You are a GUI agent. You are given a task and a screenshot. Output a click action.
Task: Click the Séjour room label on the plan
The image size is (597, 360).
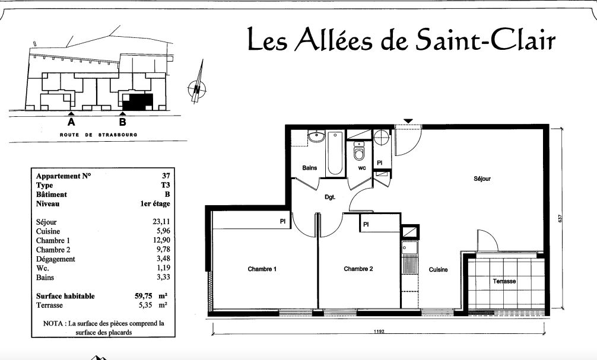pyautogui.click(x=482, y=179)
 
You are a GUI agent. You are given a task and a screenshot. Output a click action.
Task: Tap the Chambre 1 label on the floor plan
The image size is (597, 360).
pyautogui.click(x=262, y=269)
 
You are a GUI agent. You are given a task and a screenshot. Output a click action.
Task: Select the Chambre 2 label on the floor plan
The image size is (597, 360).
pyautogui.click(x=358, y=269)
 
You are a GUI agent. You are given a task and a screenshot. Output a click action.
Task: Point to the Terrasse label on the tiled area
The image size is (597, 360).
pyautogui.click(x=504, y=281)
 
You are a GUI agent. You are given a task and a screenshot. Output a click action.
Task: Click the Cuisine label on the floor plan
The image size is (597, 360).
pyautogui.click(x=438, y=269)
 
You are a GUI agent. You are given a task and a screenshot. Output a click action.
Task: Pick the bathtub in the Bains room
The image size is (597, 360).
pyautogui.click(x=335, y=153)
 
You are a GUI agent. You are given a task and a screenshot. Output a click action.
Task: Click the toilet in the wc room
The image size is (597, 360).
pyautogui.click(x=359, y=151)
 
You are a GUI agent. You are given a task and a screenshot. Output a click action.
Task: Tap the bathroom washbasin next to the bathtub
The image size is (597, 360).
pyautogui.click(x=316, y=136)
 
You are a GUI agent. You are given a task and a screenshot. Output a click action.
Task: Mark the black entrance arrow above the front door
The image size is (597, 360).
pyautogui.click(x=408, y=121)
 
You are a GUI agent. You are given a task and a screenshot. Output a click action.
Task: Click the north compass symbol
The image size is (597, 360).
pyautogui.click(x=197, y=89)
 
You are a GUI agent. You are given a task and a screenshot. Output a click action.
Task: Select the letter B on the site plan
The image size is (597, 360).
pyautogui.click(x=123, y=122)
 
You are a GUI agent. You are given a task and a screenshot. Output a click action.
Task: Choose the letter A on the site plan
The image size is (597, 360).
pyautogui.click(x=71, y=122)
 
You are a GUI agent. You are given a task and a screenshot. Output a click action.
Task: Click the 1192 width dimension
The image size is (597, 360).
pyautogui.click(x=379, y=332)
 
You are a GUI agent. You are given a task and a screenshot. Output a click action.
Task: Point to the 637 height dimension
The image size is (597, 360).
pyautogui.click(x=560, y=218)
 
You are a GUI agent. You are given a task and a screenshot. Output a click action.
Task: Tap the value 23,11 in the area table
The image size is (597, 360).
pyautogui.click(x=161, y=222)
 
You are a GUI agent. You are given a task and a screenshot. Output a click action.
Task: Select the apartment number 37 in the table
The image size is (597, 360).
pyautogui.click(x=166, y=176)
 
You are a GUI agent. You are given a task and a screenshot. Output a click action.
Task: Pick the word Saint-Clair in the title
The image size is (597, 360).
pyautogui.click(x=485, y=39)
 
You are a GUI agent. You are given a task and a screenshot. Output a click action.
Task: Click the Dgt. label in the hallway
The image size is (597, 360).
pyautogui.click(x=330, y=197)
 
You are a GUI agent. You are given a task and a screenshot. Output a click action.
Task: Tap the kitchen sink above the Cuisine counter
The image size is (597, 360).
pyautogui.click(x=409, y=248)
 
